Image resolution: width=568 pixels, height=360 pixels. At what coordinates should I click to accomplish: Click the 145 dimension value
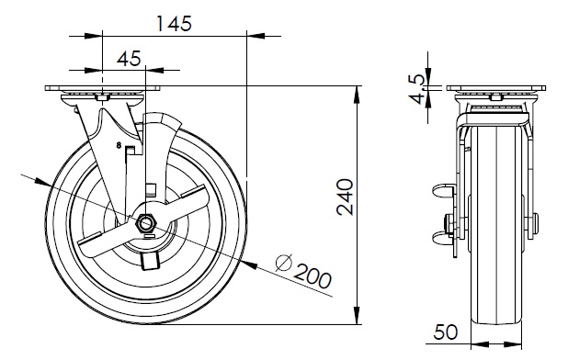click(174, 24)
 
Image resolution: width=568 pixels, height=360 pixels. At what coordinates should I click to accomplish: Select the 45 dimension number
click(129, 58)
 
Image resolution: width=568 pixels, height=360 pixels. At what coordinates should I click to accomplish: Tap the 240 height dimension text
click(345, 197)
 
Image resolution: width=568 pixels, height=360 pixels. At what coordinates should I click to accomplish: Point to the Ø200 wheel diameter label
click(303, 272)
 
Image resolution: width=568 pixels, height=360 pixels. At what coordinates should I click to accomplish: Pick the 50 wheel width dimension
click(446, 332)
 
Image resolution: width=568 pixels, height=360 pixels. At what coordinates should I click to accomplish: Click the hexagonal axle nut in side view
click(145, 224)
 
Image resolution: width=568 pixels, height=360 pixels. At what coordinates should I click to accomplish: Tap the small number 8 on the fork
click(118, 145)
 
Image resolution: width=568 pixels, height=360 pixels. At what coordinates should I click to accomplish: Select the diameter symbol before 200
click(284, 263)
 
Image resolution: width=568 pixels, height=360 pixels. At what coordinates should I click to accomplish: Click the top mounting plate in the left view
click(102, 88)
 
